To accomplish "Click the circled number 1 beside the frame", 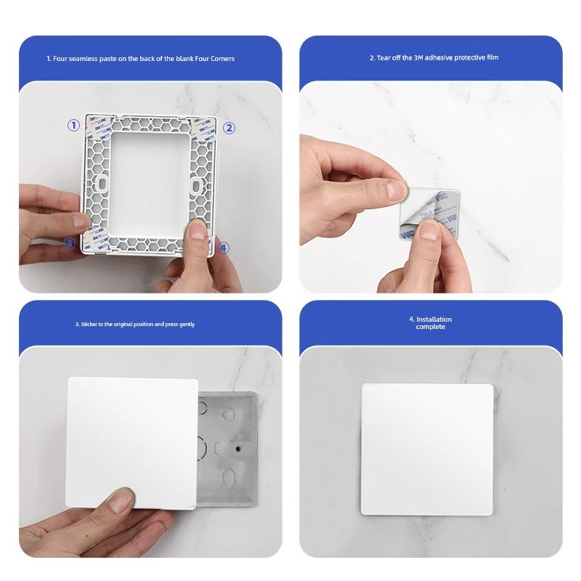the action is pyautogui.click(x=74, y=125).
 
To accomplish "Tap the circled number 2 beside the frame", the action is pyautogui.click(x=229, y=129).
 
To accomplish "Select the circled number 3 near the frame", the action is pyautogui.click(x=70, y=243).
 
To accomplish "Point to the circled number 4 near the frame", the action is pyautogui.click(x=223, y=248).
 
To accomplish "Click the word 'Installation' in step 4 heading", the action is pyautogui.click(x=434, y=319).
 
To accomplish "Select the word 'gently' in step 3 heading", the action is pyautogui.click(x=187, y=324).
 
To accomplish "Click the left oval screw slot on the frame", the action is pyautogui.click(x=102, y=184).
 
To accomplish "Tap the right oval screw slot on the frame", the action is pyautogui.click(x=195, y=186).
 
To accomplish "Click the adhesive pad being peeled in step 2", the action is pyautogui.click(x=429, y=214).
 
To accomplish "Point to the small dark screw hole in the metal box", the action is pyautogui.click(x=238, y=449).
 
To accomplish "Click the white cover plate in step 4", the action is pyautogui.click(x=427, y=450).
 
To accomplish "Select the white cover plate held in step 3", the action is pyautogui.click(x=131, y=443).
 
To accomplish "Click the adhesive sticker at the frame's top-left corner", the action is pyautogui.click(x=97, y=127).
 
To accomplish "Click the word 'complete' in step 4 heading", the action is pyautogui.click(x=431, y=327).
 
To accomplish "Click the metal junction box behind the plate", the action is pyautogui.click(x=227, y=449).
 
